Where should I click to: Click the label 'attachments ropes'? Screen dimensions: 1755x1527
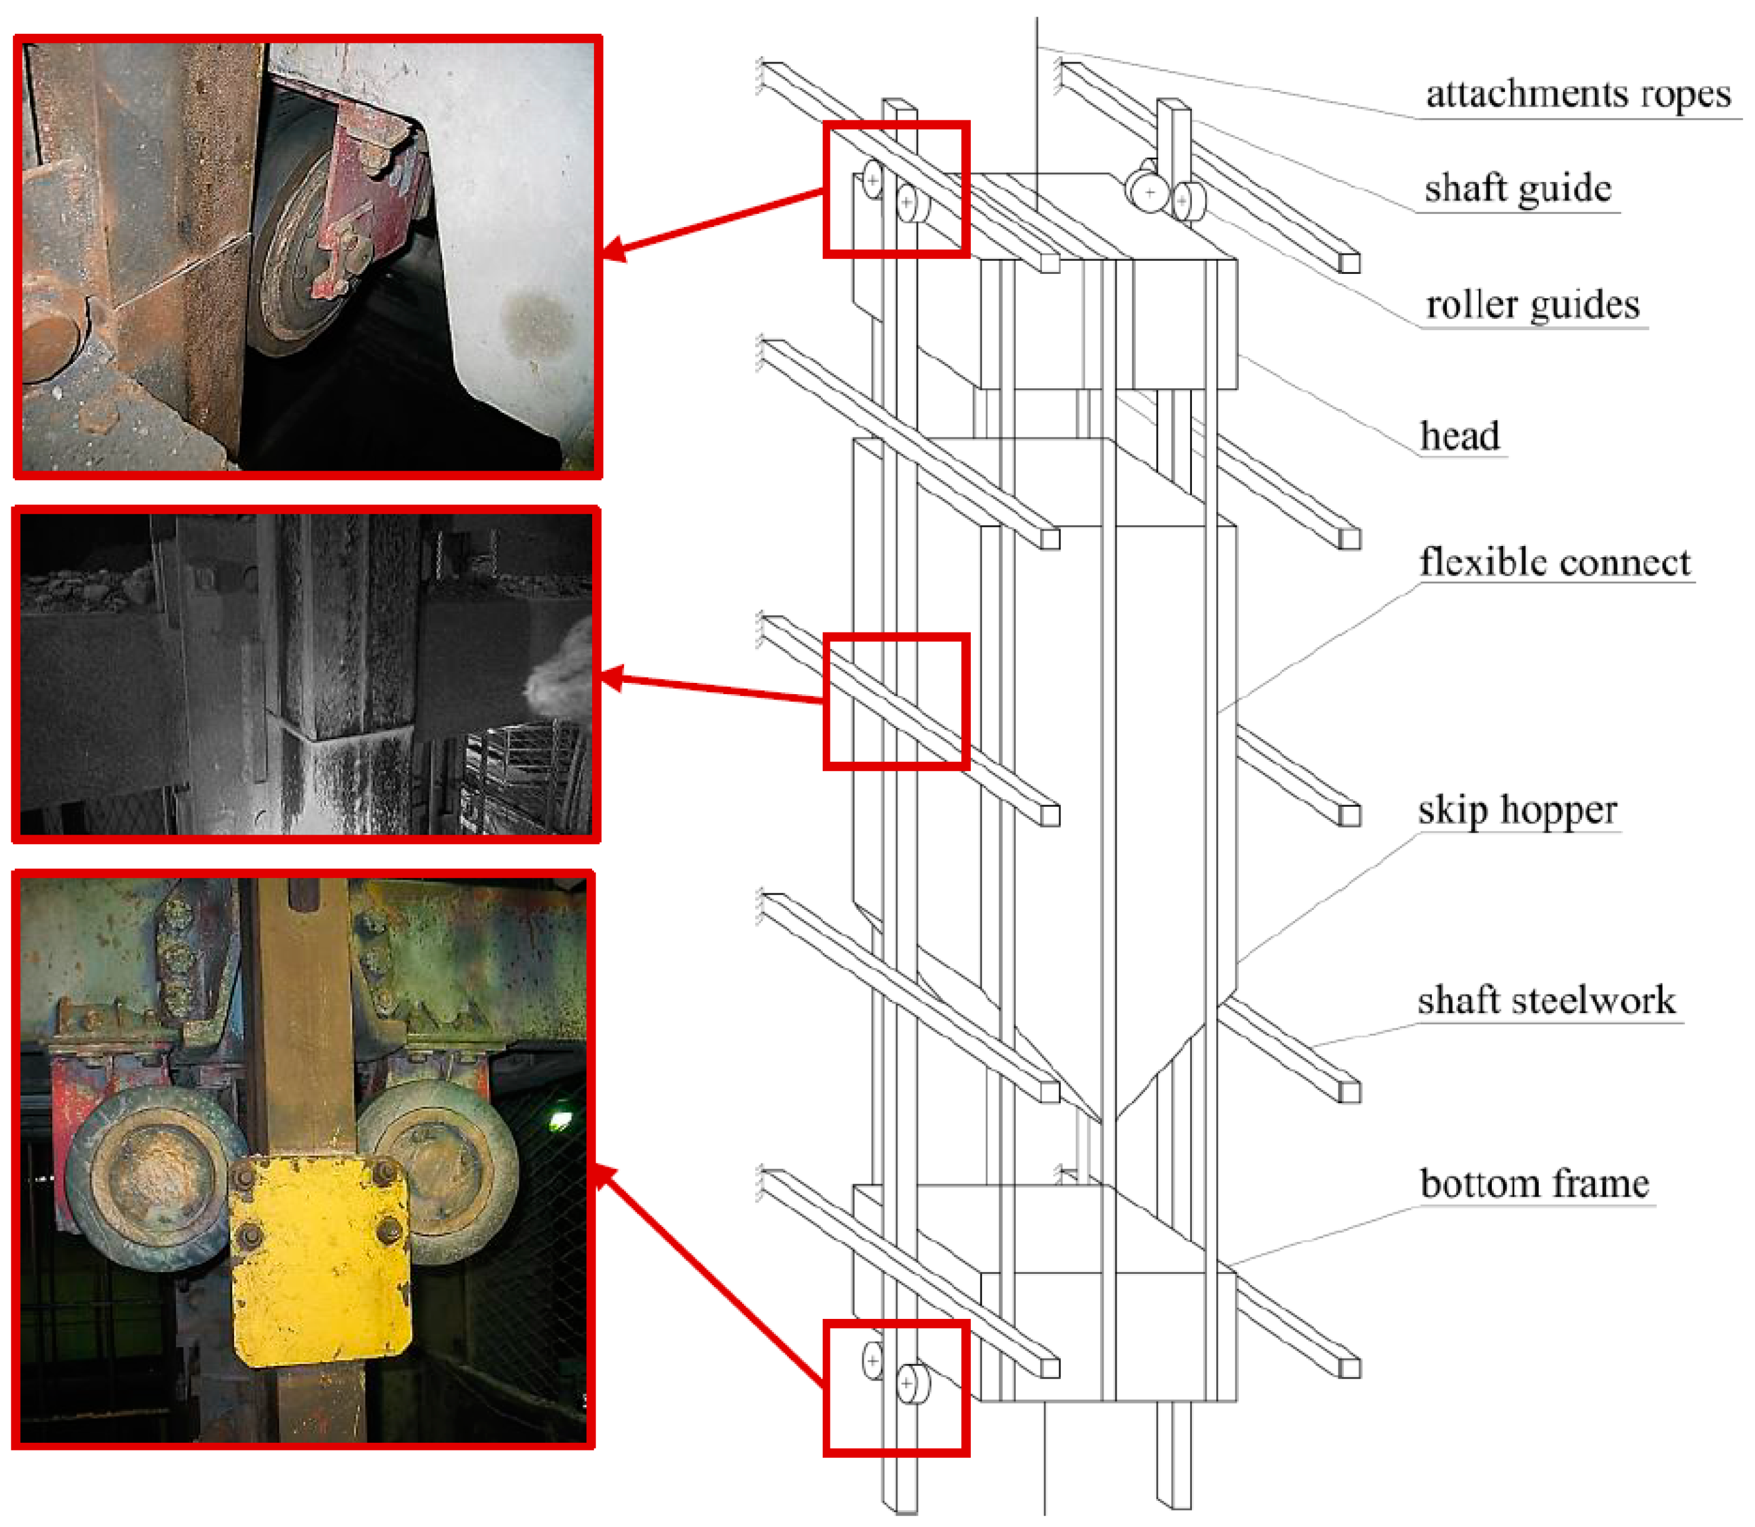[1578, 95]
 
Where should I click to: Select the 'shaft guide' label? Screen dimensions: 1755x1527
[1518, 189]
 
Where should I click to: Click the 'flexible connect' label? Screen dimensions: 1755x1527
[1555, 563]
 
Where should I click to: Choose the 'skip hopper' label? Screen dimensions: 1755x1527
[1517, 810]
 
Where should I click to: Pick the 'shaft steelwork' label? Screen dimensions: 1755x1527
[1546, 1001]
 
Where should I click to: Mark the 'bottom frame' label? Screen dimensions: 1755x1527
[1535, 1184]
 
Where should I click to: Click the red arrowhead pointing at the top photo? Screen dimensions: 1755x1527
[615, 249]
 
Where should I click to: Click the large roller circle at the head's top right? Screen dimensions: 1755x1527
[1147, 191]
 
